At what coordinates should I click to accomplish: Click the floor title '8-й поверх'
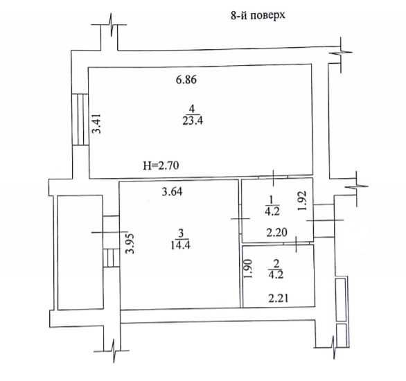[258, 15]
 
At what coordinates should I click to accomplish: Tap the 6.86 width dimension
[186, 80]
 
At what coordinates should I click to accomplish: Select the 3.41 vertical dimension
[97, 124]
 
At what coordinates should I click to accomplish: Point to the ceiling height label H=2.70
[161, 166]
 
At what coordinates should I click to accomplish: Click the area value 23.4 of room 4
[193, 121]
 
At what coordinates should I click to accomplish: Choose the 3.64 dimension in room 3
[172, 192]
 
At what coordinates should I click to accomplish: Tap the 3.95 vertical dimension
[130, 244]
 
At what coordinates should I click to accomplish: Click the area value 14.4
[180, 245]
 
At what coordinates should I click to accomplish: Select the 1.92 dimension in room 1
[302, 201]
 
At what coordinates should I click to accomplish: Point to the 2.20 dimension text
[277, 233]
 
